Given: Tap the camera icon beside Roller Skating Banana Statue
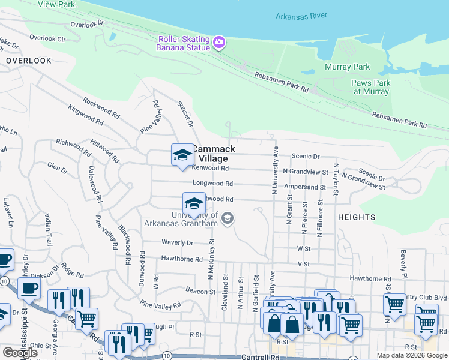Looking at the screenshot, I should click(x=219, y=42).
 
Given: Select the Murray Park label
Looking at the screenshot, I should click(x=348, y=67).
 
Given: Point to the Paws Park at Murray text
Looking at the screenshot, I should click(x=372, y=88).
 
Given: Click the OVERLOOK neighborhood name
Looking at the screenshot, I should click(x=29, y=61).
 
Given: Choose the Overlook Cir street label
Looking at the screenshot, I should click(x=47, y=38).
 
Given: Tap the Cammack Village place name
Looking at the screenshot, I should click(x=210, y=154).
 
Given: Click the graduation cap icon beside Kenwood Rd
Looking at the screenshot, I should click(x=182, y=155).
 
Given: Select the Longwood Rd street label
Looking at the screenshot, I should click(x=212, y=184).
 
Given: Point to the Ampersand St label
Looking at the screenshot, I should click(x=305, y=187).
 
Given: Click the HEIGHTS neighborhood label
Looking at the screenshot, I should click(x=357, y=217).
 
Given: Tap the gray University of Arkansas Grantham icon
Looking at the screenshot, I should click(x=227, y=218).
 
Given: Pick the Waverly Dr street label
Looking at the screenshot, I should click(x=177, y=243).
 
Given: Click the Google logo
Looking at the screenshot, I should click(x=20, y=353).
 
